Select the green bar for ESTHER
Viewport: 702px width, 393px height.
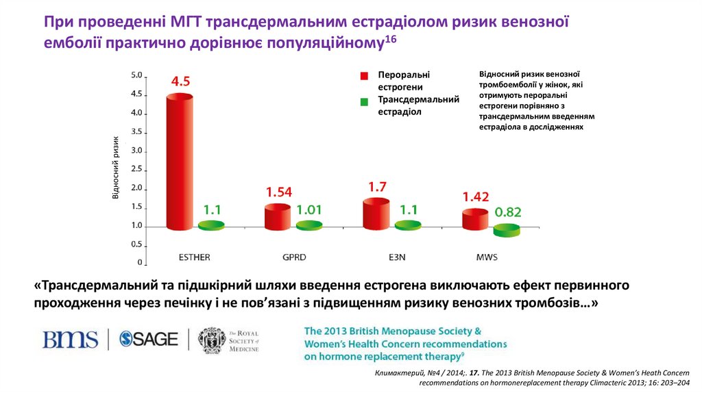(211, 225)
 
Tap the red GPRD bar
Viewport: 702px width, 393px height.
(278, 216)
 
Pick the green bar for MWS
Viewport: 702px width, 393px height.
(507, 231)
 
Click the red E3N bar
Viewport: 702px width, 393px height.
(376, 214)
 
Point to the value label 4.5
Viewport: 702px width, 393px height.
(180, 81)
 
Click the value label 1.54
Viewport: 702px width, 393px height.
(279, 192)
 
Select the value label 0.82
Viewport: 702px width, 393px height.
(508, 212)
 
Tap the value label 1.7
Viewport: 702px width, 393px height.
(378, 186)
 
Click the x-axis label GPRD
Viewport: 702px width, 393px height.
(294, 258)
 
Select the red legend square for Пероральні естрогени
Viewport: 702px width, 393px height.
(365, 75)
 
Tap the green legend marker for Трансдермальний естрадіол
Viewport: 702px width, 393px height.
(365, 102)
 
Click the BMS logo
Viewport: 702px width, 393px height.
(71, 339)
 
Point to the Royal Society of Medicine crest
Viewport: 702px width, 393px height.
(211, 340)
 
